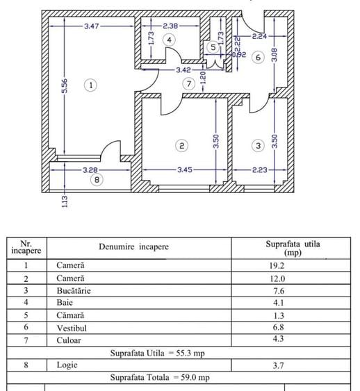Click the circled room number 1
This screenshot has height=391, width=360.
point(90,85)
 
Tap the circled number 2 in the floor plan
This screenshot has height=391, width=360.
point(181,146)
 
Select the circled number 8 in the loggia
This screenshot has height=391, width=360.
point(97,179)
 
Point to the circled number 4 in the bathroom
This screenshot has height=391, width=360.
point(169,40)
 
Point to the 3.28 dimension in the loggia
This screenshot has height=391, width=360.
point(90,169)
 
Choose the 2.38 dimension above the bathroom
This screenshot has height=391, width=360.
point(171,26)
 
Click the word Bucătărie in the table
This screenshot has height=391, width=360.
point(74,290)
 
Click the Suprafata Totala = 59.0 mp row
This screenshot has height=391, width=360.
point(159,378)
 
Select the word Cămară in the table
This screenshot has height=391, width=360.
point(71,315)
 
